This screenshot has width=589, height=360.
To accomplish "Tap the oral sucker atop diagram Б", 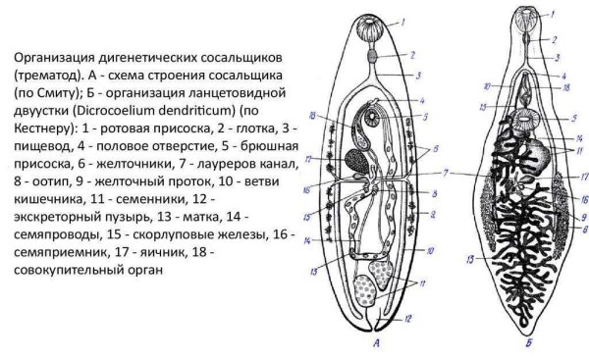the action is coord(530,19).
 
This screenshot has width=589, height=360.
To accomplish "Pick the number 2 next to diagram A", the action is coord(412,55).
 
